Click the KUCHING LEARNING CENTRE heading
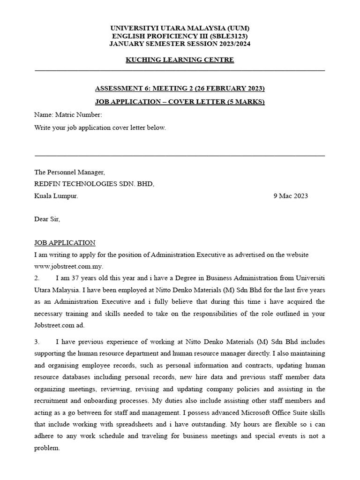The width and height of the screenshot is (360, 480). (180, 60)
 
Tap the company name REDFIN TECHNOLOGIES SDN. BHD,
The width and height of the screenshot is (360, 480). (94, 184)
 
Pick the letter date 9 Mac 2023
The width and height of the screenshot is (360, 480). (291, 196)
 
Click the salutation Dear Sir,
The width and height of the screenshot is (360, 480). (47, 219)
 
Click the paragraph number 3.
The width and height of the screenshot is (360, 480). (37, 341)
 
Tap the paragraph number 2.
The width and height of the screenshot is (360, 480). (37, 278)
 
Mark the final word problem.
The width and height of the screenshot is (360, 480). (47, 448)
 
